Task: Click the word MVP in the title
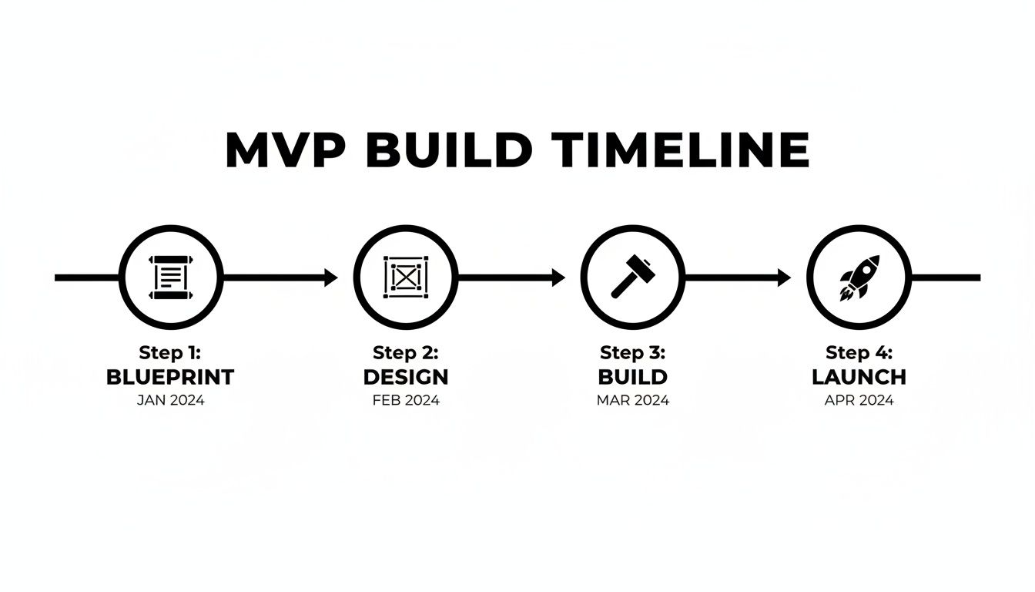click(286, 151)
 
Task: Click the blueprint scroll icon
click(171, 277)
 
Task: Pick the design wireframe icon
click(405, 277)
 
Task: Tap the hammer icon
click(632, 277)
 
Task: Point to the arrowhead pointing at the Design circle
click(331, 277)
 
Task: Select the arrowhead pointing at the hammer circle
click(558, 277)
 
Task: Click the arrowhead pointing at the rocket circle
click(784, 277)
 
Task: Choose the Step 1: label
click(170, 353)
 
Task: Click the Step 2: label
click(405, 353)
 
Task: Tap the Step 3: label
click(632, 353)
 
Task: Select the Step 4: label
click(859, 353)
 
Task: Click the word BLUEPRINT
click(170, 377)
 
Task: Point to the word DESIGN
click(405, 377)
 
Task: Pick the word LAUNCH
click(859, 377)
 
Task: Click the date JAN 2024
click(170, 400)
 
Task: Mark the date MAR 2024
click(632, 400)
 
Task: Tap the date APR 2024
click(859, 400)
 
